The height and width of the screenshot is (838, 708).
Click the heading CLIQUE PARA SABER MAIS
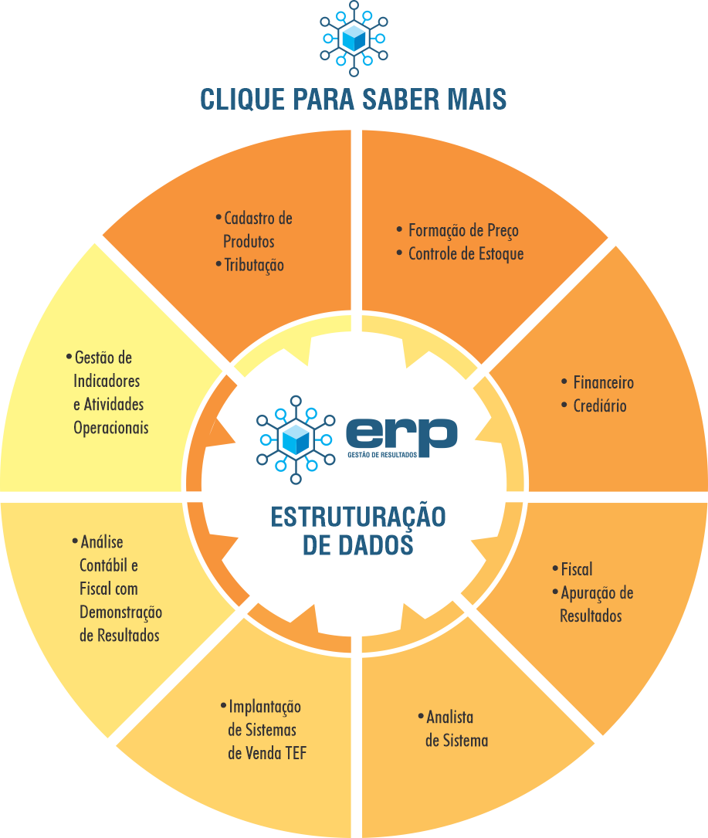pos(354,100)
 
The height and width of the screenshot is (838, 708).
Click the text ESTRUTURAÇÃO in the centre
pos(358,517)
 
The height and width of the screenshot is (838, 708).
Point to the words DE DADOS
pos(357,545)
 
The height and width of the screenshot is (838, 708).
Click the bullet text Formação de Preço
pos(463,230)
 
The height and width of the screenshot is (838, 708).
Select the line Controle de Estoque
pos(466,253)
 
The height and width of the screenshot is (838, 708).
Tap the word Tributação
pos(254,265)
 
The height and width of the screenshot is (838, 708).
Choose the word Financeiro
pos(603,382)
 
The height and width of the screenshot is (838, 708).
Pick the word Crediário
pos(600,405)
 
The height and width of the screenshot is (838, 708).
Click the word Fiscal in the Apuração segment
pos(577,569)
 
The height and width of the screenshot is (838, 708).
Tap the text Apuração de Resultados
pos(595,604)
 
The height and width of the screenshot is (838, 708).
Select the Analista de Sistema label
pos(456,728)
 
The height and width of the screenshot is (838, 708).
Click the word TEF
pos(295,753)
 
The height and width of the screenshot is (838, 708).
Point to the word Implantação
pos(265,707)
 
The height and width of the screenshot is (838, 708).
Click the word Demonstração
pos(120,612)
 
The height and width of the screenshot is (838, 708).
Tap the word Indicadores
pos(107,381)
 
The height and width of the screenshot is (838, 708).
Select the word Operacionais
pos(111,427)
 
